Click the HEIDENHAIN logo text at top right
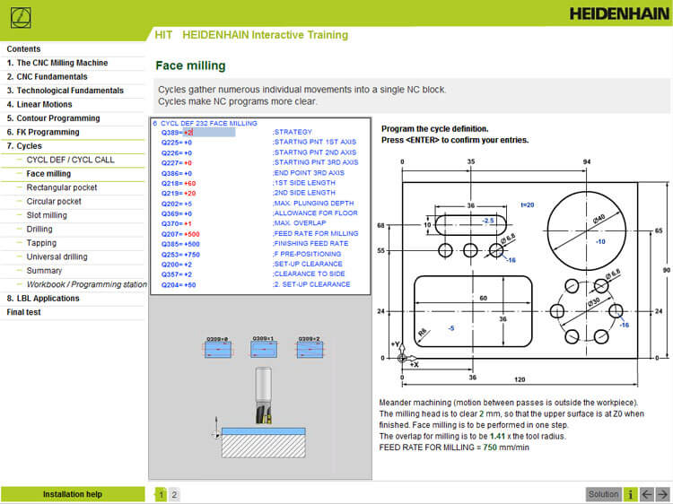click(x=617, y=13)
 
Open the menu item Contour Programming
click(x=58, y=118)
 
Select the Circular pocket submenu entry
click(x=54, y=202)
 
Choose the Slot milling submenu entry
click(x=47, y=215)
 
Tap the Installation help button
click(x=72, y=494)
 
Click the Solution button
click(x=603, y=494)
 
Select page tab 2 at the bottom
click(x=174, y=494)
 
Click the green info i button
click(x=631, y=494)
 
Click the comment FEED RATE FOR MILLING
click(x=315, y=233)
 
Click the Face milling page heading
click(x=190, y=65)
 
